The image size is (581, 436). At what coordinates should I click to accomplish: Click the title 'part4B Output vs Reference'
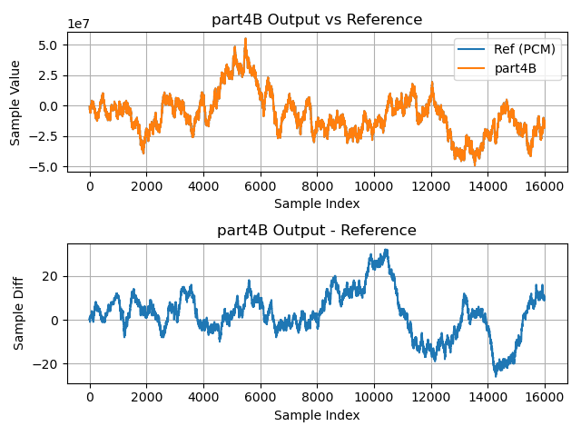[x=317, y=19]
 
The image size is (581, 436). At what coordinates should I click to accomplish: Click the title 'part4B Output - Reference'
[x=317, y=230]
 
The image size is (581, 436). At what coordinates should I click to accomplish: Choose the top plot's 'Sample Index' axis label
[x=317, y=203]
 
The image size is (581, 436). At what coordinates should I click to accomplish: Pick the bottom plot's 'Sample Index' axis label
[x=317, y=415]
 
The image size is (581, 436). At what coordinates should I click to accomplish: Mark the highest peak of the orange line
[x=245, y=39]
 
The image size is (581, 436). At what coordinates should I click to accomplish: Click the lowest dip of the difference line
[x=497, y=374]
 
